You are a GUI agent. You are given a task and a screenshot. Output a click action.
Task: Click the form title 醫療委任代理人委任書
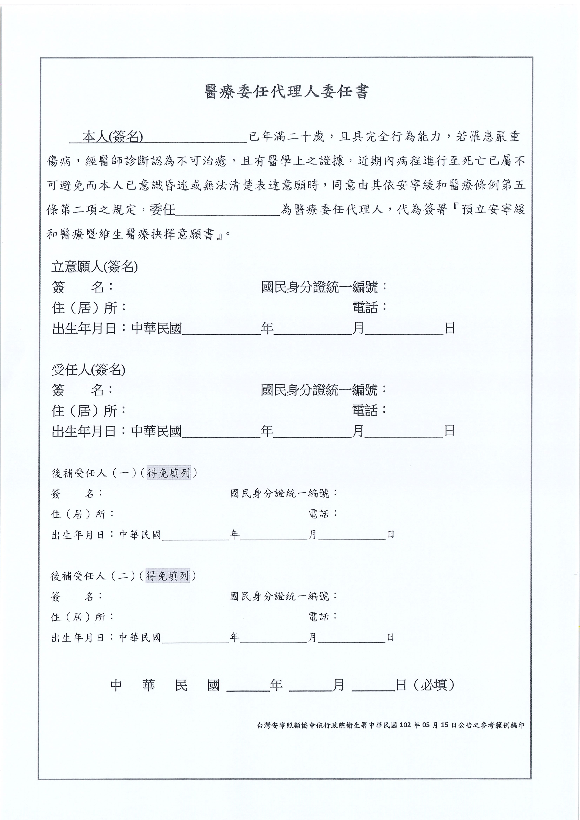click(286, 92)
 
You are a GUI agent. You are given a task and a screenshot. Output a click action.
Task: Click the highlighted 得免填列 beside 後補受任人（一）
click(168, 473)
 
